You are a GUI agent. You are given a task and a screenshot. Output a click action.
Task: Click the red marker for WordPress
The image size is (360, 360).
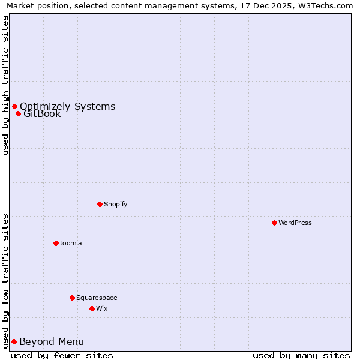click(274, 223)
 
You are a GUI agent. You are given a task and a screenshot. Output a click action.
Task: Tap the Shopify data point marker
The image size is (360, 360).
click(100, 204)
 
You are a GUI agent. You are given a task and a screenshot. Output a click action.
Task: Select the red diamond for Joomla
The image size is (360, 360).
click(56, 243)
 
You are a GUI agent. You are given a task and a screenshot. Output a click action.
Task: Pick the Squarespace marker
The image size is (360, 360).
click(72, 298)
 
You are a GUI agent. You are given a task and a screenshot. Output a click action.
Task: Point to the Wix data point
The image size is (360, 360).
click(92, 308)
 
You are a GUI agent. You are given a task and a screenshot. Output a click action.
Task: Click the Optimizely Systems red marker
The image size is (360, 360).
click(14, 107)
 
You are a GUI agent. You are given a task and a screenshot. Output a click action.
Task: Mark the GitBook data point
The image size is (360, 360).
click(18, 114)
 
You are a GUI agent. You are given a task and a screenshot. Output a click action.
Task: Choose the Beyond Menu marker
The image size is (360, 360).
click(14, 341)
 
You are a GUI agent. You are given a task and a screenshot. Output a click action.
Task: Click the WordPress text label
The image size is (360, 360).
click(295, 223)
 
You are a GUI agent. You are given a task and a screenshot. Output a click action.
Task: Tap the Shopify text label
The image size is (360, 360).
click(116, 204)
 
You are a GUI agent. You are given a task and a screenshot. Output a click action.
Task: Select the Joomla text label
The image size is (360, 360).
click(71, 243)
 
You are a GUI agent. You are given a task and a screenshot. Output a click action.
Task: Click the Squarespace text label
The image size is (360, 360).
click(97, 298)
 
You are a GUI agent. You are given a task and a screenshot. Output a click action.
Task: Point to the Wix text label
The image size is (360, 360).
click(102, 308)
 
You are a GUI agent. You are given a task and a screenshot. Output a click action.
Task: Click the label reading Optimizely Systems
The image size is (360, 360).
click(67, 107)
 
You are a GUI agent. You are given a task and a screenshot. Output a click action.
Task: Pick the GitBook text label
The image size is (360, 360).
click(42, 114)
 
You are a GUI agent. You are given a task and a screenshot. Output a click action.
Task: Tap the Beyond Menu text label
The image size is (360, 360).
click(52, 342)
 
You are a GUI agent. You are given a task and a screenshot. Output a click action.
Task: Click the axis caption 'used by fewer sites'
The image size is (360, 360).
click(62, 355)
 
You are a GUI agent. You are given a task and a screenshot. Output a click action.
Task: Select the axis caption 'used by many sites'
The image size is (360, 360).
click(301, 355)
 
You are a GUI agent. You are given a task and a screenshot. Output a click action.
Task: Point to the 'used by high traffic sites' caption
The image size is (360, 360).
click(5, 85)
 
